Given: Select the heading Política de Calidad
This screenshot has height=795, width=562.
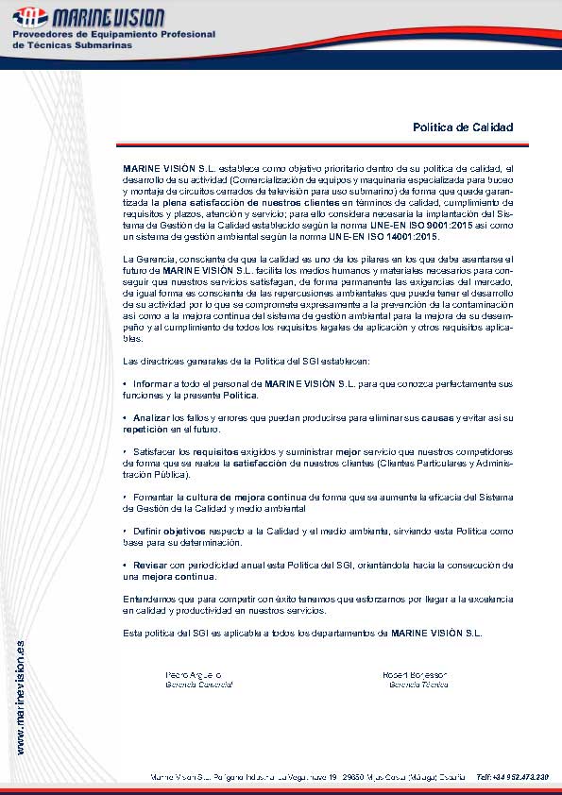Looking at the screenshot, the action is [463, 127].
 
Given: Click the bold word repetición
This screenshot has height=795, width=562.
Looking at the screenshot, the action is [145, 428].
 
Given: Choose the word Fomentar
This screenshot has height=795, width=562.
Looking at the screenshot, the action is [154, 497].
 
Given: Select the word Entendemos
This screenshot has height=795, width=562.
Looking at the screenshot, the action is [150, 599].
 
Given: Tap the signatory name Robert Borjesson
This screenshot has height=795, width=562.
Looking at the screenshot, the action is [415, 674].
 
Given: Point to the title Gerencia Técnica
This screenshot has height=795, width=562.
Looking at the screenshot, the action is [416, 684].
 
